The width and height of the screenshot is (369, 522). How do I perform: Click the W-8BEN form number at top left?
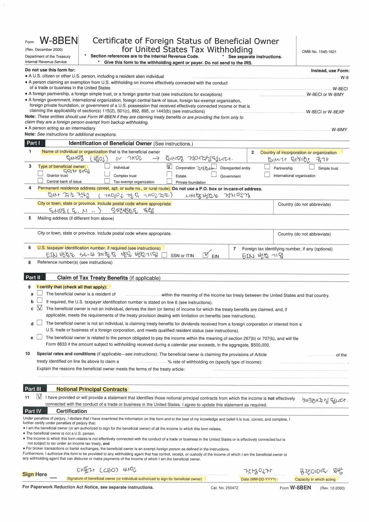(59, 41)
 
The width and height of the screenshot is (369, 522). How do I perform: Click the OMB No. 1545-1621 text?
(319, 52)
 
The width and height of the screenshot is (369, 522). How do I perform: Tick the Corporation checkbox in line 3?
(170, 166)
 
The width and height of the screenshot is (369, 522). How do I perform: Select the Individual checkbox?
(107, 166)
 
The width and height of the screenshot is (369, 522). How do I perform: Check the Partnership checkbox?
(267, 167)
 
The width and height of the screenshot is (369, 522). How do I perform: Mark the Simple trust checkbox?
(312, 167)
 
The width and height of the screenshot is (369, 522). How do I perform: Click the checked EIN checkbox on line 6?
(205, 255)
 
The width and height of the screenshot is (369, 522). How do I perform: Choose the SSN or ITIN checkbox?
(164, 255)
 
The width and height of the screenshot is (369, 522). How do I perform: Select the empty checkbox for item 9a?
(39, 293)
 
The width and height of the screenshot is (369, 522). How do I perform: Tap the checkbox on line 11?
(39, 397)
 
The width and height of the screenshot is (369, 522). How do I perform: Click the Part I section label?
(33, 143)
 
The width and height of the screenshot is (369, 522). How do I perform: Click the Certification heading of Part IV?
(71, 411)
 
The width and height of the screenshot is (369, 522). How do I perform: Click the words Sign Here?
(35, 474)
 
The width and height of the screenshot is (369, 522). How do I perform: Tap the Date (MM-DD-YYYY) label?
(259, 479)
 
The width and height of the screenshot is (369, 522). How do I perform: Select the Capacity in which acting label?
(315, 479)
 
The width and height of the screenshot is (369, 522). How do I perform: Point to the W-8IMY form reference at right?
(339, 129)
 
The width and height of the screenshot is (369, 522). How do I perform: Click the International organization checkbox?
(267, 175)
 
